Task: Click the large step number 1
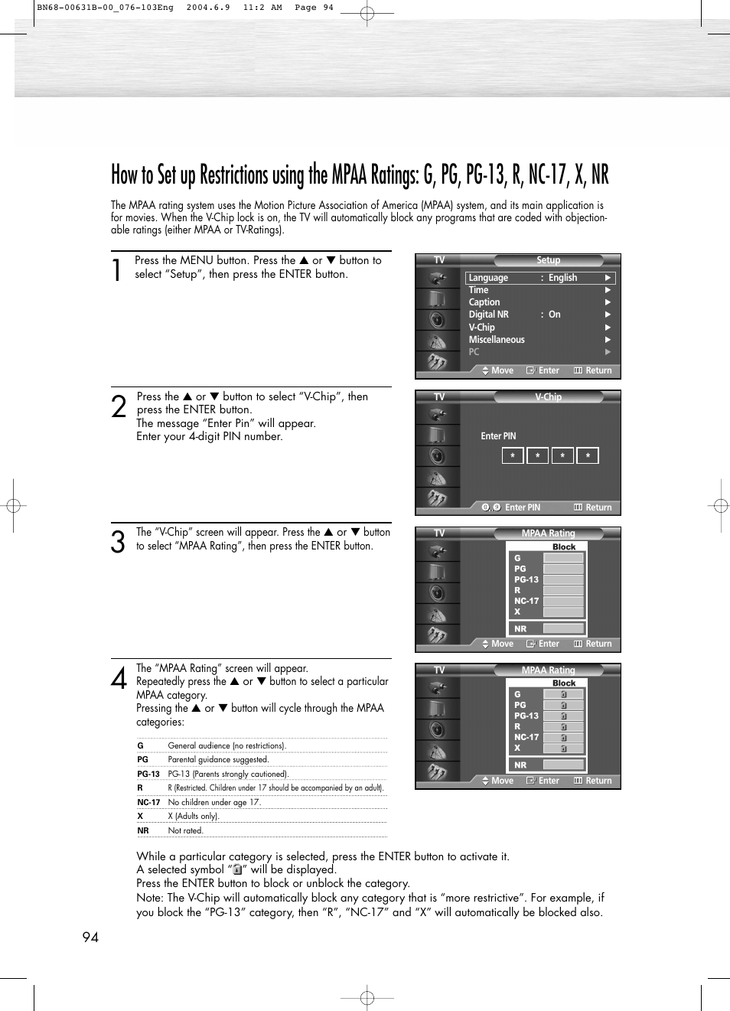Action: [116, 270]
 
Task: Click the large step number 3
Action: [118, 542]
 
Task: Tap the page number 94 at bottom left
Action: [90, 938]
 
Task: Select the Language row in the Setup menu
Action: [539, 278]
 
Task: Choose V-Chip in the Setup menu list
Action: [482, 328]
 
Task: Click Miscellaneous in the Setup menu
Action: [497, 340]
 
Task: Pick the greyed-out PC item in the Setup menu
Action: [474, 352]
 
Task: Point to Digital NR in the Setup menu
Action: [488, 315]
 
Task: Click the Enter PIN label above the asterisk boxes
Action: [498, 436]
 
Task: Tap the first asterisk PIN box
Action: [513, 456]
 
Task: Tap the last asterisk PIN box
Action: [588, 456]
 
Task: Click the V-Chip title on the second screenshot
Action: [548, 397]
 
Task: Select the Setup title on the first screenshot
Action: [548, 260]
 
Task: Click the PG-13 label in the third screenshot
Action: [526, 580]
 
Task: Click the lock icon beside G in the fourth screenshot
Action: [564, 694]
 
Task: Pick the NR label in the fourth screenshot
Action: [520, 765]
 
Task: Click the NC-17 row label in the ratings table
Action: [148, 802]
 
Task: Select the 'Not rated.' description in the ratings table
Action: [185, 830]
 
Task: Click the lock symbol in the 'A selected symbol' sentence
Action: [237, 870]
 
